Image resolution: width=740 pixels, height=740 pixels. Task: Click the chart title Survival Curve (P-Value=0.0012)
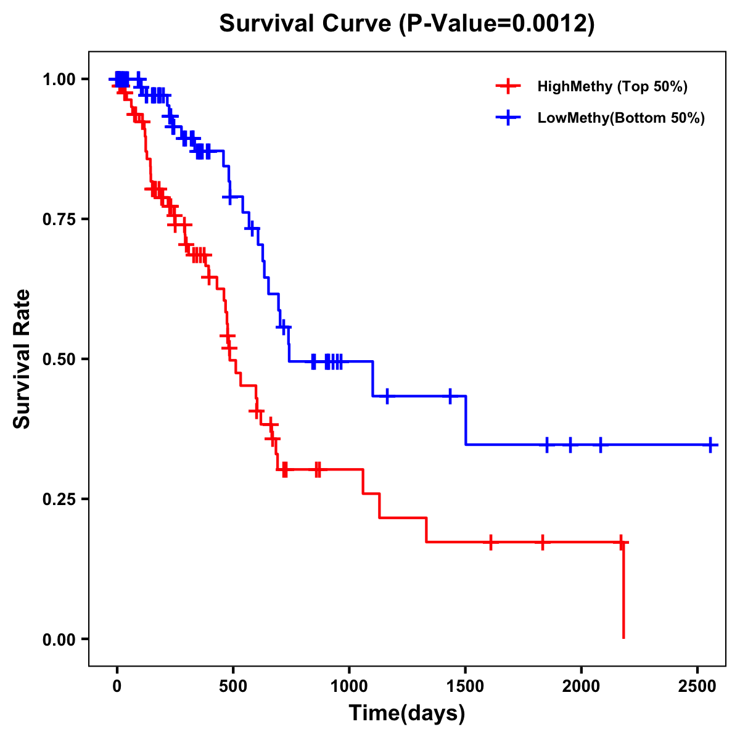tap(407, 24)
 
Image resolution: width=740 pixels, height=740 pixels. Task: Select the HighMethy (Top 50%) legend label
tap(612, 86)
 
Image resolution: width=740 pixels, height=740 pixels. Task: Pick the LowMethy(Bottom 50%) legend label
tap(621, 118)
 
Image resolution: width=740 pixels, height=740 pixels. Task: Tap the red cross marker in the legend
tap(508, 86)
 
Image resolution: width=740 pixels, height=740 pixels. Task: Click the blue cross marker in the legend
tap(508, 118)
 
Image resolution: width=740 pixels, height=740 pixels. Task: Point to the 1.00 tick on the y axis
tap(59, 80)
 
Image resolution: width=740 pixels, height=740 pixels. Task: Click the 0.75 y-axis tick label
tap(59, 220)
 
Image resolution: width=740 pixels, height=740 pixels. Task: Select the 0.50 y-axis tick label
tap(59, 360)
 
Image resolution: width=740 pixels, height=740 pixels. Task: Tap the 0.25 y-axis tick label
tap(59, 499)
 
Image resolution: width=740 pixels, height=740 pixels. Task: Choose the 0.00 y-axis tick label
tap(59, 639)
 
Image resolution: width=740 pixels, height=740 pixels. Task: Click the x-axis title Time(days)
tap(407, 713)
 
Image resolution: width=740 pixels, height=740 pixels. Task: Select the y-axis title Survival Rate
tap(22, 359)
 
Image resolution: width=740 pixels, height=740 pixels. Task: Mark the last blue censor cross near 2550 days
tap(710, 445)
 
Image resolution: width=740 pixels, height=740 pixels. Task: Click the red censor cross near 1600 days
tap(491, 542)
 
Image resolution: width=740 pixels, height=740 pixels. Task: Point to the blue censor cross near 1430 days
tap(450, 396)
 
